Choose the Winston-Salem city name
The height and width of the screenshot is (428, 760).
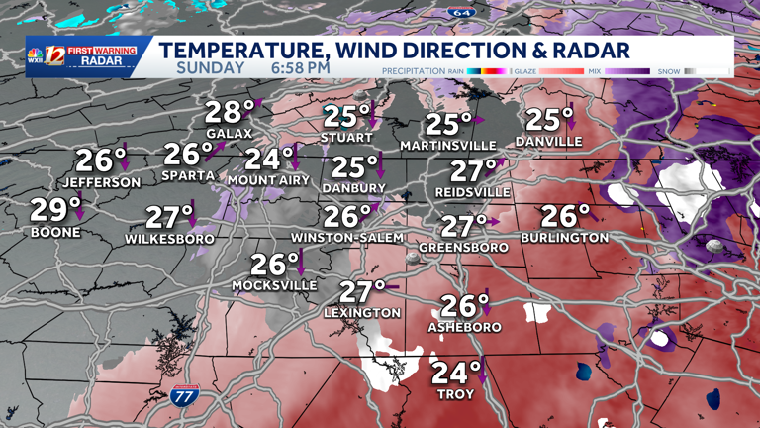(x=346, y=238)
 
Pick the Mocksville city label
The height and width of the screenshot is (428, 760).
(x=274, y=286)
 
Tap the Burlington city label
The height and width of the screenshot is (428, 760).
(x=564, y=238)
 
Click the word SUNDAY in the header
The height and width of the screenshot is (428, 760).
(x=211, y=68)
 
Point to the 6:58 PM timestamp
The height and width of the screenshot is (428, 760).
(x=300, y=68)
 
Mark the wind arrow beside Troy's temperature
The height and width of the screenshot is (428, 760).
(x=481, y=373)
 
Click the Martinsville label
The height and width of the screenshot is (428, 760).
(x=448, y=147)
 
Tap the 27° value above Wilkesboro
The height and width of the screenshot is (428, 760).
(x=168, y=217)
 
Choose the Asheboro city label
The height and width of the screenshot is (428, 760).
(x=464, y=327)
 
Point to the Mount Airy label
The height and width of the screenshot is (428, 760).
(x=268, y=180)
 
